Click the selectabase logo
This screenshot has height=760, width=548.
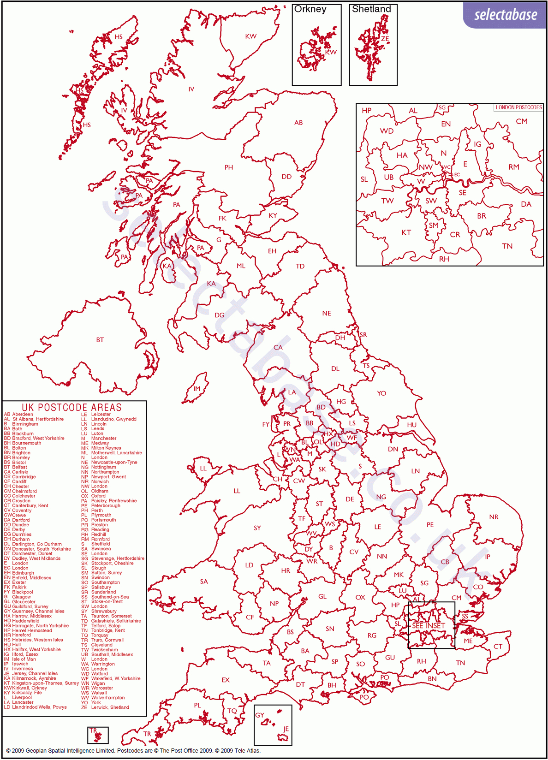coord(505,15)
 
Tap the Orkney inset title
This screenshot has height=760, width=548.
coord(310,9)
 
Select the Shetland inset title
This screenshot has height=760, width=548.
coord(371,9)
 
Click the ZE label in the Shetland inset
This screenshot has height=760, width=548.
coord(385,39)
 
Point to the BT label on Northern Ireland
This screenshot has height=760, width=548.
coord(100,340)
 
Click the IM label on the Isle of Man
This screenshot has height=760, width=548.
coord(197,389)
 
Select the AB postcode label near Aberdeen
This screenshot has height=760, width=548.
coord(298,123)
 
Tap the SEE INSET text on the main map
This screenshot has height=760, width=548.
coord(428,626)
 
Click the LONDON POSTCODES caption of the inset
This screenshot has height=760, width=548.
coord(518,107)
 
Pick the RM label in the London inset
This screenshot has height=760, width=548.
coord(513,167)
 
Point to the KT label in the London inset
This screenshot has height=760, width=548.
coord(406,232)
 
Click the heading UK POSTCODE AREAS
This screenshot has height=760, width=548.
coord(72,407)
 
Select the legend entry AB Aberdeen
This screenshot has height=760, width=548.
coord(19,414)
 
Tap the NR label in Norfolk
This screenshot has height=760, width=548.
coord(494,517)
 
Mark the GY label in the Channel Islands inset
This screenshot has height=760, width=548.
coord(260,715)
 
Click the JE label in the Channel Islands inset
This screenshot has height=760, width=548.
coord(286,729)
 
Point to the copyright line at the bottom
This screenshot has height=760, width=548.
coord(133,750)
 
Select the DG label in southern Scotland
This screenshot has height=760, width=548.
coord(219,315)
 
